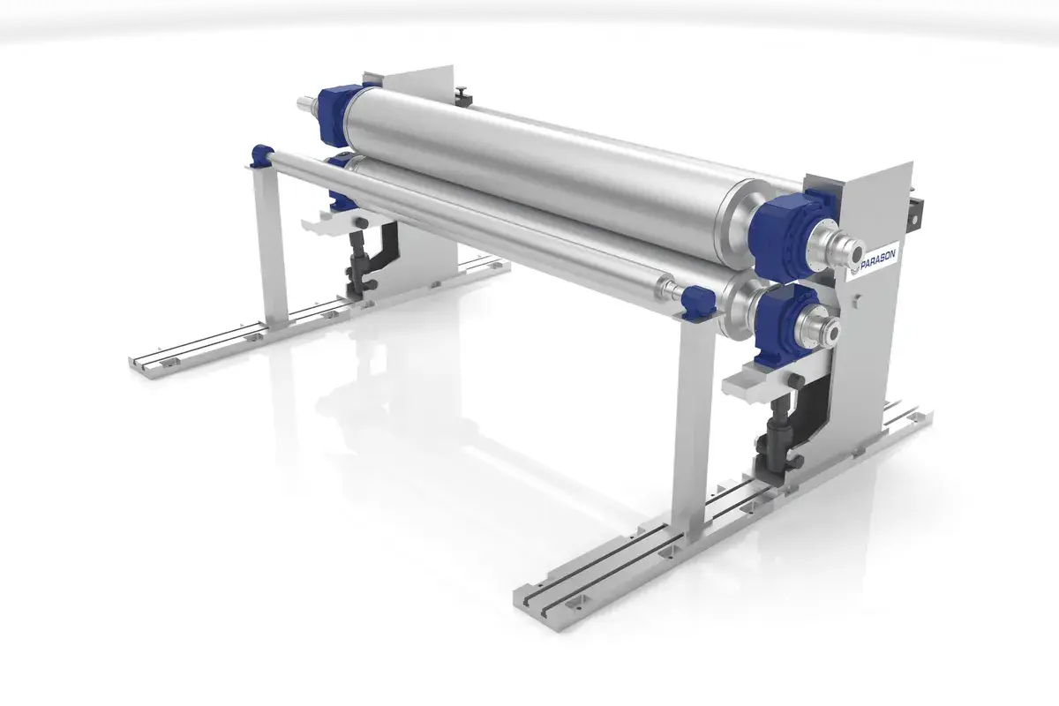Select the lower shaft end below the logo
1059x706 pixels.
click(x=827, y=333)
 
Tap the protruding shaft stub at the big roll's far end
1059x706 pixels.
click(x=308, y=104)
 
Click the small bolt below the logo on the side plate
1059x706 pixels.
click(x=853, y=300)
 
